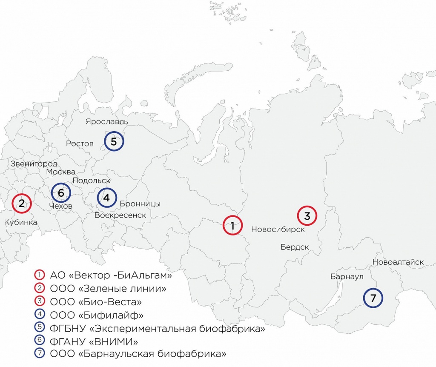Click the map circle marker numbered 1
[x=233, y=226]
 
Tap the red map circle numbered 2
[x=21, y=203]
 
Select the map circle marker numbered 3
[x=307, y=215]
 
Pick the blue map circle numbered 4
[x=106, y=198]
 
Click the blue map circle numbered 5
[x=114, y=141]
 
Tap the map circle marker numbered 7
[x=373, y=298]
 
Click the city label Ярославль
[x=106, y=122]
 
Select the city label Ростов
[x=80, y=143]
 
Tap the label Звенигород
[x=34, y=164]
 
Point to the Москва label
[x=61, y=172]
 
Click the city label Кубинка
[x=20, y=222]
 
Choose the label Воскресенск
[x=120, y=215]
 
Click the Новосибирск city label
[x=278, y=229]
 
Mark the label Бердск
[x=295, y=247]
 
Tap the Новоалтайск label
[x=398, y=262]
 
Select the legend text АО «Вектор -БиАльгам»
[x=111, y=275]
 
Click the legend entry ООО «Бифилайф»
[x=96, y=315]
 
